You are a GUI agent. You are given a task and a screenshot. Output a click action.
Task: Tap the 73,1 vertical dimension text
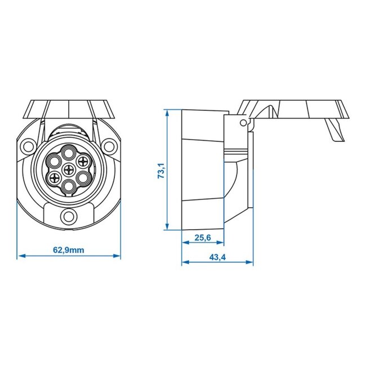[160, 170]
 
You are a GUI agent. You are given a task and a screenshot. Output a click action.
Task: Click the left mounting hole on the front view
[26, 147]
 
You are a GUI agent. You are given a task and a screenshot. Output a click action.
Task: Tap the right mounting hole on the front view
[111, 147]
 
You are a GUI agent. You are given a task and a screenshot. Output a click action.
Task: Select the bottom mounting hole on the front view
[69, 216]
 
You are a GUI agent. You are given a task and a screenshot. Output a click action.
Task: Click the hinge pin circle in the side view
[243, 122]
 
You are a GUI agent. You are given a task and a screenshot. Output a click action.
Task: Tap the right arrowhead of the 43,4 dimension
[251, 263]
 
